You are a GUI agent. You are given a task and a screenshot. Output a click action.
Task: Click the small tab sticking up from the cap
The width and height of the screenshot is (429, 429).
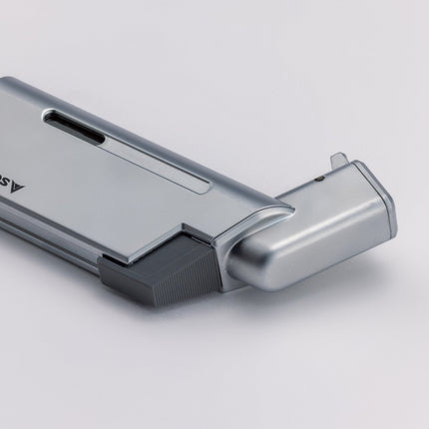click(339, 160)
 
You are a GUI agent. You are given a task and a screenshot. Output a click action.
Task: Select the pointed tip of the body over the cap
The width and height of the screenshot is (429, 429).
click(288, 209)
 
